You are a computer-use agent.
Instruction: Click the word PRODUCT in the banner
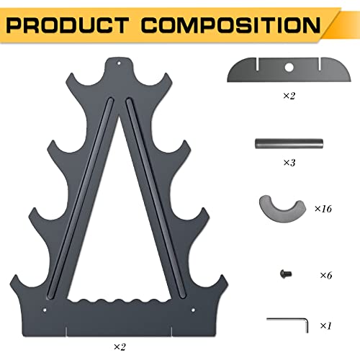click(x=68, y=25)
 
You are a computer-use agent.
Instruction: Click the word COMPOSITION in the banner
click(x=230, y=25)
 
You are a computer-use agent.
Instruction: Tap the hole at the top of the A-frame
click(x=119, y=63)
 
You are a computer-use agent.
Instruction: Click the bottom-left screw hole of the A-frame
click(x=45, y=310)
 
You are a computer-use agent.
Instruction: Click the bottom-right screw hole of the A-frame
click(x=193, y=310)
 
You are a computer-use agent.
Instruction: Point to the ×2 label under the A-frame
click(x=120, y=347)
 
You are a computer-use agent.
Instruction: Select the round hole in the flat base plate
click(x=289, y=68)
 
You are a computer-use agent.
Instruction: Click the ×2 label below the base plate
click(x=289, y=96)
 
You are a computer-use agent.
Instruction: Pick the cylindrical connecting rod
click(x=289, y=143)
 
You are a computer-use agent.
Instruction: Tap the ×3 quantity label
click(x=289, y=163)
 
